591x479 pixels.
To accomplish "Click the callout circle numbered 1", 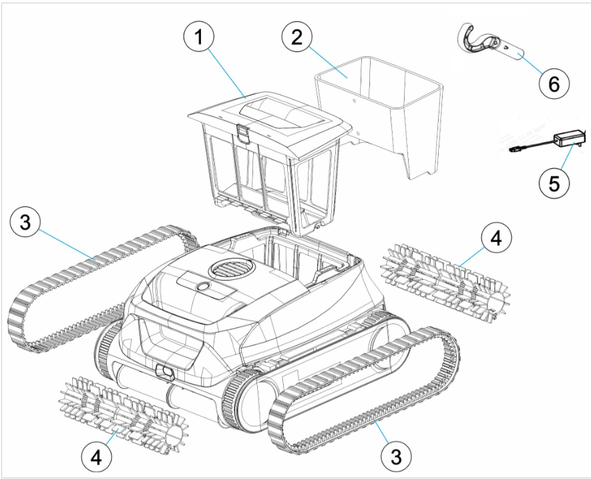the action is (198, 37).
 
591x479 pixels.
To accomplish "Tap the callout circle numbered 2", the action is (297, 37).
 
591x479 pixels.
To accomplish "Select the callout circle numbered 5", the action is (554, 183).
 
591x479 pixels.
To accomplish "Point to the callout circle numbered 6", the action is (554, 84).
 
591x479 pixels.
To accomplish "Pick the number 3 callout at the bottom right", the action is (396, 457).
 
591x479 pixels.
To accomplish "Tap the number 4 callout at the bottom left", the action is (96, 458).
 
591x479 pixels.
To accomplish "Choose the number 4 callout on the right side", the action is (496, 238).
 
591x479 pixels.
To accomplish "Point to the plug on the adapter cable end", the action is (514, 150).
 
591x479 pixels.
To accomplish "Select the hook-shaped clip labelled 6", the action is (486, 42).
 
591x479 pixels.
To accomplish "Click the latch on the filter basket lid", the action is (243, 134).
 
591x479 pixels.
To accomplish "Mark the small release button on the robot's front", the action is (164, 371).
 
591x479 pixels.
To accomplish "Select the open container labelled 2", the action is (379, 113).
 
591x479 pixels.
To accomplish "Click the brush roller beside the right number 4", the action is (445, 282).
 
